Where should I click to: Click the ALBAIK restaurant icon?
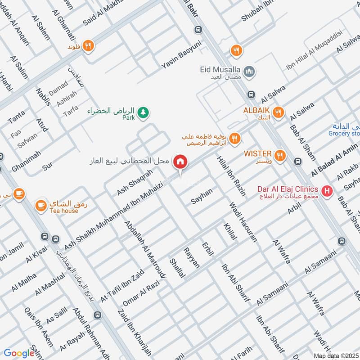[x=279, y=112]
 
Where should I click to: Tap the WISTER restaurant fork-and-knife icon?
[x=280, y=156]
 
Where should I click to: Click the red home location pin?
[x=180, y=162]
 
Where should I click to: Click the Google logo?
[x=19, y=353]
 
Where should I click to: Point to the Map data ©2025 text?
[x=335, y=355]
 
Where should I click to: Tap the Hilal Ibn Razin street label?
[x=231, y=175]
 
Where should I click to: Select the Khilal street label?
[x=229, y=231]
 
